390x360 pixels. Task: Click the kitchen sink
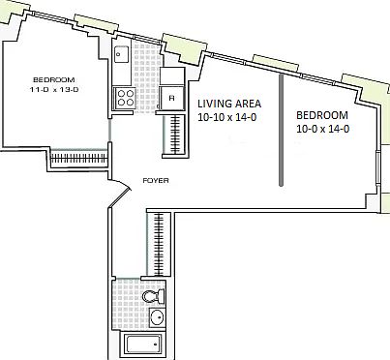coord(123,55)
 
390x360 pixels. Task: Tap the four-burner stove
coord(125,96)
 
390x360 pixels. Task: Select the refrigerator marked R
coord(171,97)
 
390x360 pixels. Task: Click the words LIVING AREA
coord(228,103)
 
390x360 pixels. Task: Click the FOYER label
coord(156,181)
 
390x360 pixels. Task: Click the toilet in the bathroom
coord(159,296)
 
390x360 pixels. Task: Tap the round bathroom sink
coord(159,317)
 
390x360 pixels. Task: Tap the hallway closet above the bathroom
coord(159,243)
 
